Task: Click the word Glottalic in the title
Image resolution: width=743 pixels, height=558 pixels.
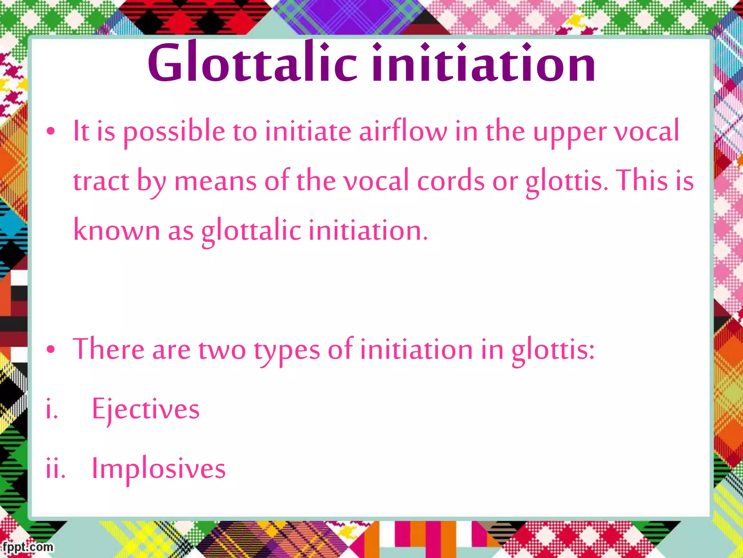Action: pos(253,62)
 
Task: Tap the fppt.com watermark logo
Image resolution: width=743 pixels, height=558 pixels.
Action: pos(28,547)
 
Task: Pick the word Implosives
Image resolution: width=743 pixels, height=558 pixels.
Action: pos(159,469)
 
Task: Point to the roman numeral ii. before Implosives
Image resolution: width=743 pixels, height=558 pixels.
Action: pos(56,469)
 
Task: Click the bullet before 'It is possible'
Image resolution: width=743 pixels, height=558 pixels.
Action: pos(51,131)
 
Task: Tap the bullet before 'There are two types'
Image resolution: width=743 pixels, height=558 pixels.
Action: pos(51,349)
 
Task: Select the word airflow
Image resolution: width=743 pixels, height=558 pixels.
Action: pos(403,131)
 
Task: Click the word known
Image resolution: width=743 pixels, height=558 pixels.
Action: pos(116,230)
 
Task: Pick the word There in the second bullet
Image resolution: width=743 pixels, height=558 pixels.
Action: pos(108,349)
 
